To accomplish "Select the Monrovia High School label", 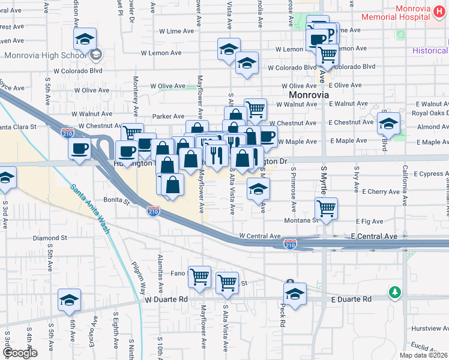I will tap(45, 56).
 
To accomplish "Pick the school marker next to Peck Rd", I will tap(295, 294).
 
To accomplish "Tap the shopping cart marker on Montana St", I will tap(326, 209).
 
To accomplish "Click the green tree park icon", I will tap(394, 292).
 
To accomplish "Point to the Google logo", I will tap(19, 353).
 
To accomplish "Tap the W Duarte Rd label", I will tap(166, 298).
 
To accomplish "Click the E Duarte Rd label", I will tap(351, 298).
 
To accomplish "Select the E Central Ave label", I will tap(374, 236).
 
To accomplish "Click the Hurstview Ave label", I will tap(428, 329).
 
